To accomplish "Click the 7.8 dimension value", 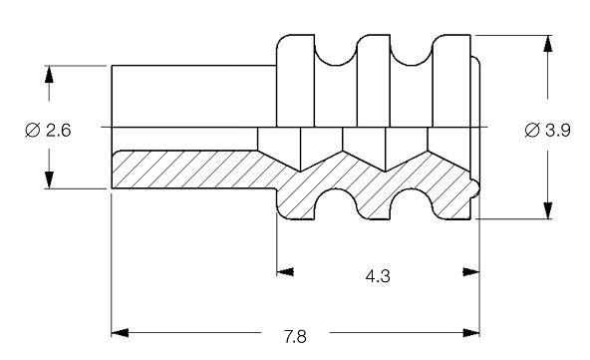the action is (295, 336).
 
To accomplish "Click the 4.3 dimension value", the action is (378, 276).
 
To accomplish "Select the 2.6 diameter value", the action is (59, 131).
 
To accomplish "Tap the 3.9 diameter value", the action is (558, 131).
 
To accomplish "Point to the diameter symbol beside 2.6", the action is (32, 131).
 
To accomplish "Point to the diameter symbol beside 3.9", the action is (532, 131).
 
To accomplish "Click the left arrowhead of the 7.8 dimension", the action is (120, 333).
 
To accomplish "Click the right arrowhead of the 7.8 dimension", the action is (471, 333).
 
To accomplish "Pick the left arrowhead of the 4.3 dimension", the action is (285, 272).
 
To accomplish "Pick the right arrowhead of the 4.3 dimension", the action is (471, 272).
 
